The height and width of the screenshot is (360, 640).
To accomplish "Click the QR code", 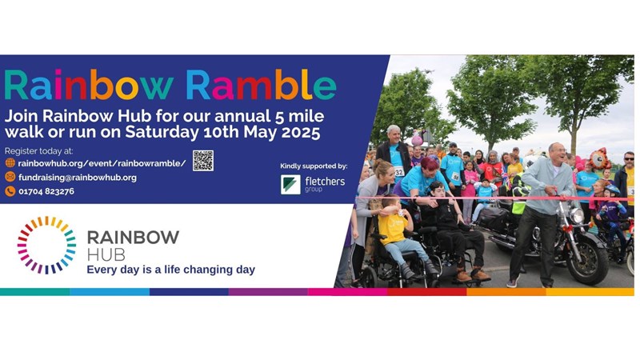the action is pyautogui.click(x=203, y=161).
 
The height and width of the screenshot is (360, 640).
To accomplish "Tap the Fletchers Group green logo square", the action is pyautogui.click(x=290, y=185).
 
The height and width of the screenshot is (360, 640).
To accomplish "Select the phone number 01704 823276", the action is pyautogui.click(x=46, y=191).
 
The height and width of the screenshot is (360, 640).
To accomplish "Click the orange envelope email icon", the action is pyautogui.click(x=10, y=177).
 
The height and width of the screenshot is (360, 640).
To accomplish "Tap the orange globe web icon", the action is pyautogui.click(x=10, y=163).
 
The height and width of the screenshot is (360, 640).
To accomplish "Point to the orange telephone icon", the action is pyautogui.click(x=10, y=191).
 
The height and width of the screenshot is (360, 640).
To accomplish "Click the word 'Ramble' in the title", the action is pyautogui.click(x=262, y=85).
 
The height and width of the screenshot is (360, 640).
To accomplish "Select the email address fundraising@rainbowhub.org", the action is pyautogui.click(x=78, y=178).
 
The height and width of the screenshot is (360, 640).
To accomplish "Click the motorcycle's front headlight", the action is pyautogui.click(x=576, y=215).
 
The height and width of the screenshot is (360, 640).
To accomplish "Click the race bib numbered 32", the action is pyautogui.click(x=398, y=172).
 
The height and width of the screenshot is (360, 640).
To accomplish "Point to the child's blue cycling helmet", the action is pyautogui.click(x=612, y=190).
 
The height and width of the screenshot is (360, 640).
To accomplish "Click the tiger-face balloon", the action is pyautogui.click(x=598, y=158).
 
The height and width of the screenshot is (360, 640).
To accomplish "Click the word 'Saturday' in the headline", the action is pyautogui.click(x=162, y=133).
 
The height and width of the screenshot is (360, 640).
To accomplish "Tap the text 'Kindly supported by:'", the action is pyautogui.click(x=314, y=166).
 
